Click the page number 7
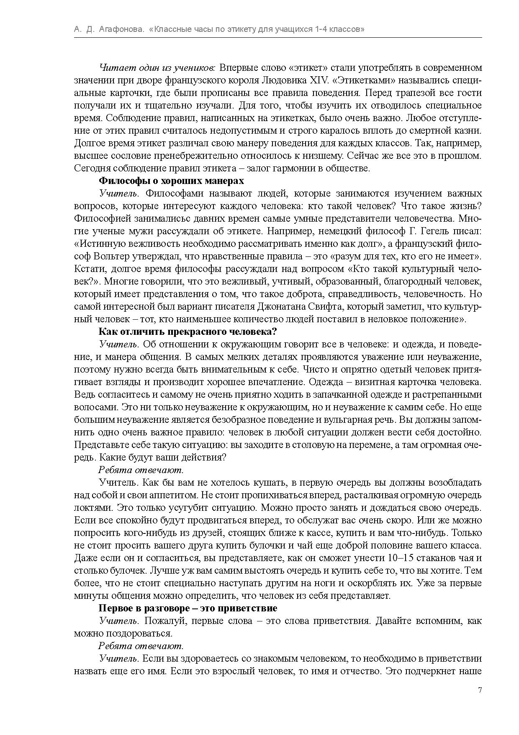point(480,691)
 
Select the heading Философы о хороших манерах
point(171,181)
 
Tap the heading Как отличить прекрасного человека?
point(188,332)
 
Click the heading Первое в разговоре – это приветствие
point(188,608)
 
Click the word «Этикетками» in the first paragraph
point(364,80)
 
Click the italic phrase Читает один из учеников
point(157,68)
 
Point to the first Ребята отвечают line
point(141,470)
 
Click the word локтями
point(93,508)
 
